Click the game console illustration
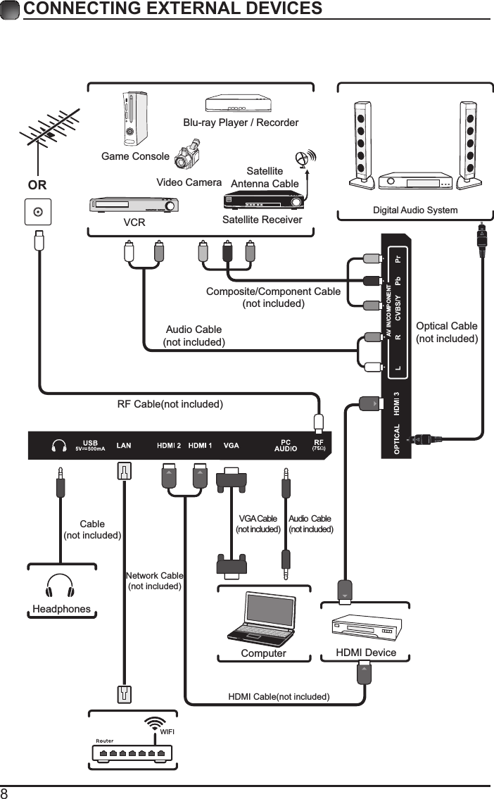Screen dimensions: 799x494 [131, 118]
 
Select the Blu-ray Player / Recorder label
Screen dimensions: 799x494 [241, 122]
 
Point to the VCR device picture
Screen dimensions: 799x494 [134, 206]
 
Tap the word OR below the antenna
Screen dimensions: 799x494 [37, 185]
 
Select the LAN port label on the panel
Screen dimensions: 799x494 [124, 445]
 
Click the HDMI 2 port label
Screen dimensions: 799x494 [169, 445]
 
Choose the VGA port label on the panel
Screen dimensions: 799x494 [232, 445]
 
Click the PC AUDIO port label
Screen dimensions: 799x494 [285, 445]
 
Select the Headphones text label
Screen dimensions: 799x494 [61, 609]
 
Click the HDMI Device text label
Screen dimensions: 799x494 [366, 653]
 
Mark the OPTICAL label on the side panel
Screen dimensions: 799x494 [398, 439]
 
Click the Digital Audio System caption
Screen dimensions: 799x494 [414, 210]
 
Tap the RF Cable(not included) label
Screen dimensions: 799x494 [170, 404]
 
